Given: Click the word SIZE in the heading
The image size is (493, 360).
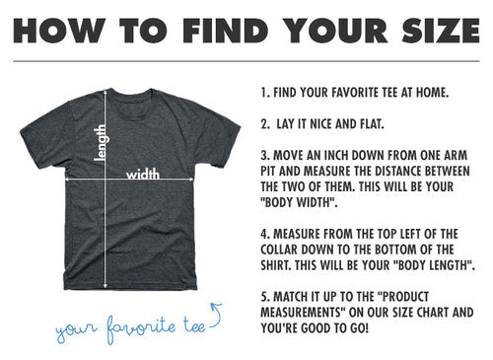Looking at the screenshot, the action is click(441, 31).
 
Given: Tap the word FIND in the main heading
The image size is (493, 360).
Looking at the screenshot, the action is click(226, 31).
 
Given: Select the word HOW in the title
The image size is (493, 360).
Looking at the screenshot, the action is click(59, 31).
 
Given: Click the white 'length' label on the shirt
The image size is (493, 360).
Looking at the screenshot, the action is click(101, 143).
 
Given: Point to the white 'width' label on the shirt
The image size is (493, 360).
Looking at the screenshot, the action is click(143, 174).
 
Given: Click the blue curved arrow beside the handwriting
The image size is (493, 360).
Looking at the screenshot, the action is click(216, 316).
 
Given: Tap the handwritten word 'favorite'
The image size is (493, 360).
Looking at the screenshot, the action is click(141, 328).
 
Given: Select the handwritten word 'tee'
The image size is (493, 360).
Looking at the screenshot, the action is click(194, 325).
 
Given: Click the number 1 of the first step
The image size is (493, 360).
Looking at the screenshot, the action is click(264, 93).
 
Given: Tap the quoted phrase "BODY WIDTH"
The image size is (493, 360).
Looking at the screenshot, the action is click(299, 202).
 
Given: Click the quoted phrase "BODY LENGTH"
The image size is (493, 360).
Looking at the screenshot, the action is click(433, 265).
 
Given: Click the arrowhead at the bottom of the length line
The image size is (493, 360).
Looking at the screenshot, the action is click(106, 286).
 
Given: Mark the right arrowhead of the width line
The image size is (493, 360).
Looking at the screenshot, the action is click(191, 180).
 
